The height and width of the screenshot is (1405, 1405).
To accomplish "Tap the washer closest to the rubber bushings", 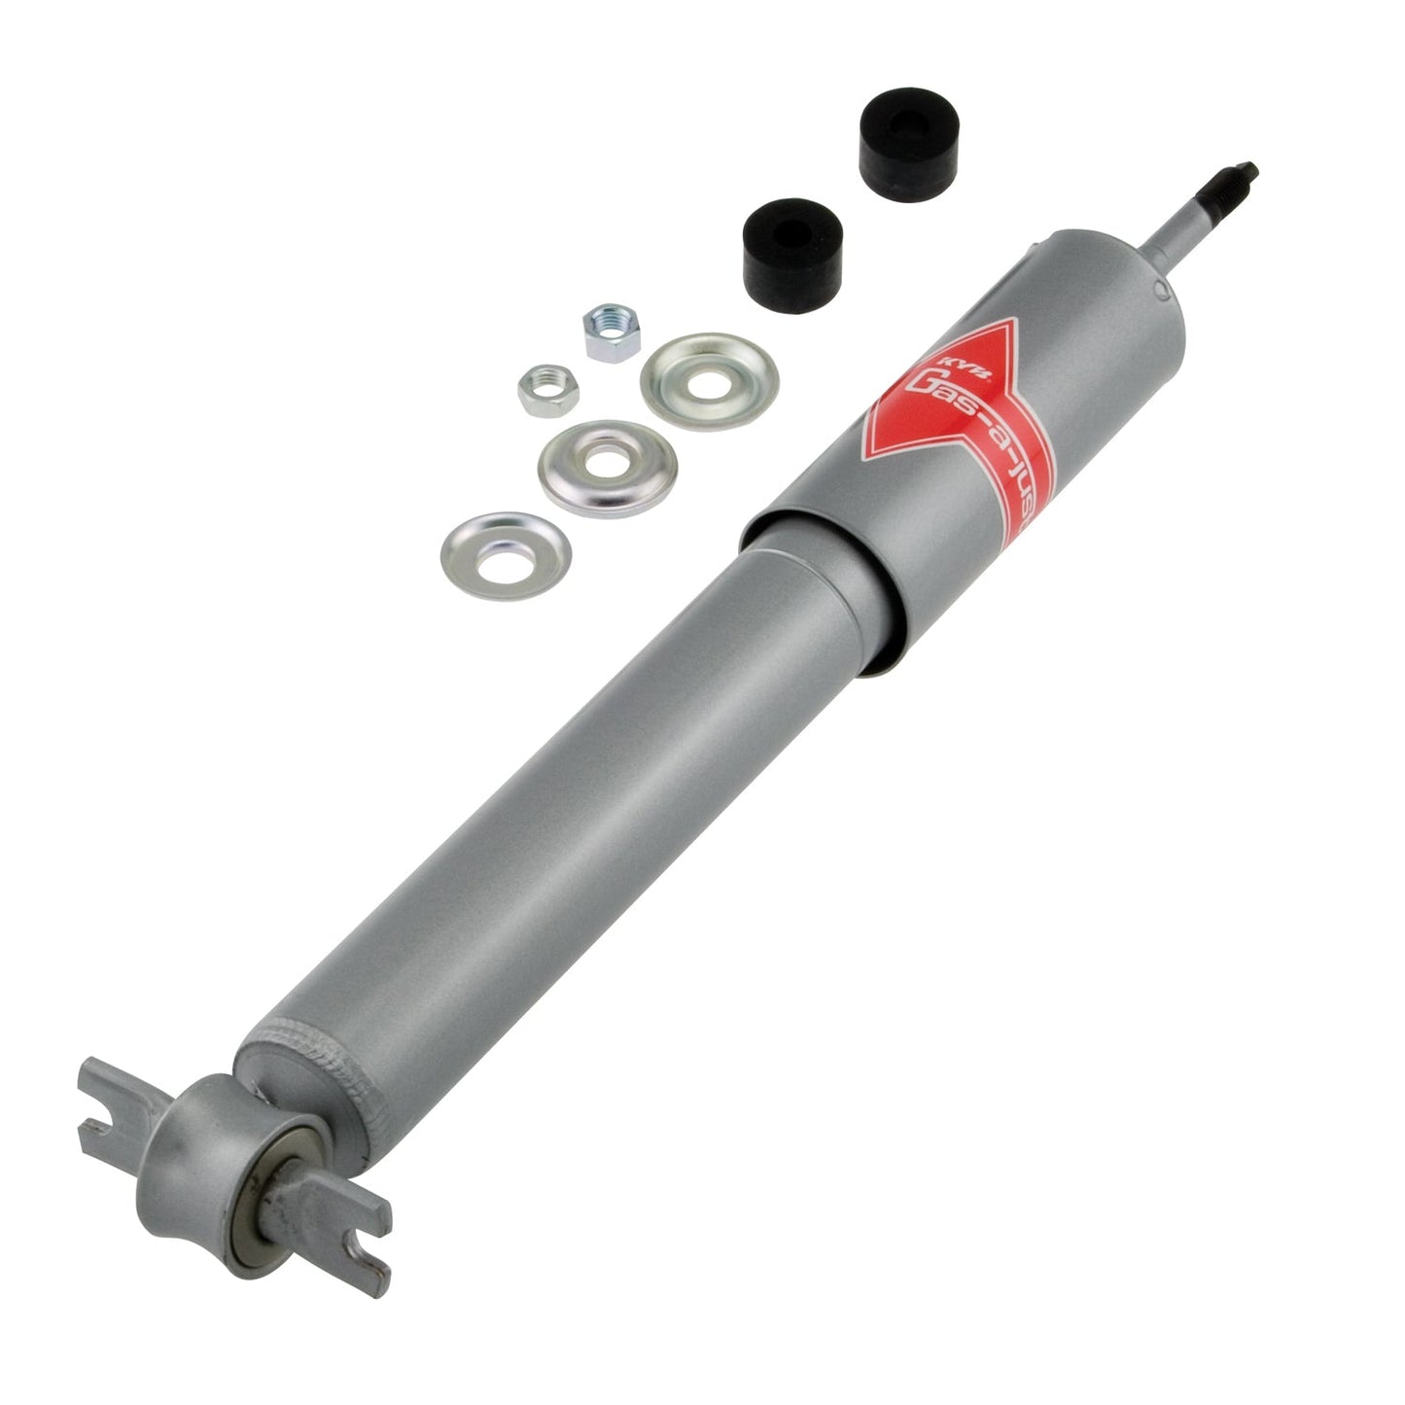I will (710, 377).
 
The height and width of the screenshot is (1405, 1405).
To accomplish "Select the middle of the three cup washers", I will (608, 467).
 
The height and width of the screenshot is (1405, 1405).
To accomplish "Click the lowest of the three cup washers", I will (506, 555).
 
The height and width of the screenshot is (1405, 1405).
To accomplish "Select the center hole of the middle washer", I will (608, 465).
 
